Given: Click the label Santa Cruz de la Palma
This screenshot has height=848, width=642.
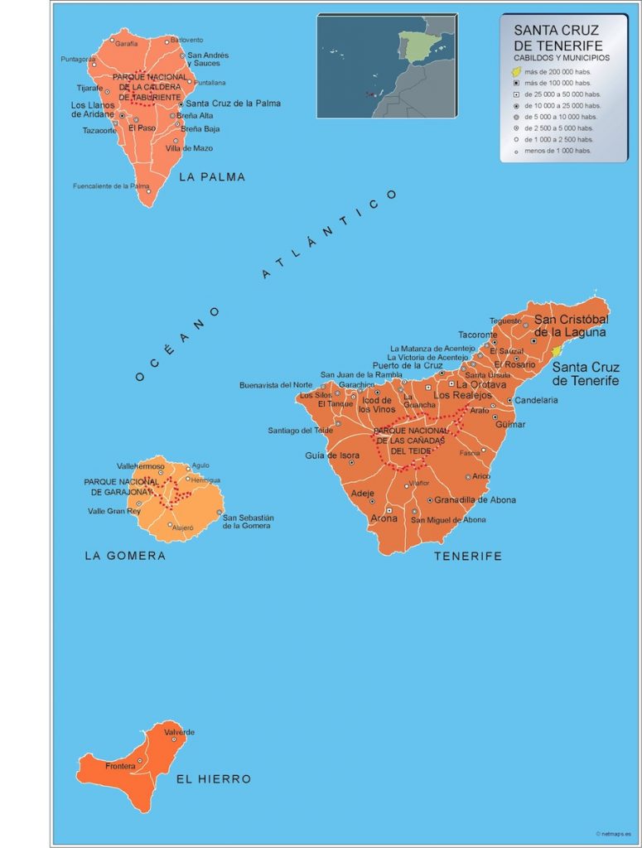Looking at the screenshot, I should (x=233, y=104).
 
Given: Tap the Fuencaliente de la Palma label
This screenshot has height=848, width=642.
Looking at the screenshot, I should (x=111, y=186).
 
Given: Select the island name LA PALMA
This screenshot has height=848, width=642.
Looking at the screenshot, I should (x=212, y=177).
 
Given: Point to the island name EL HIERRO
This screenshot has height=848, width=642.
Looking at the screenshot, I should (x=213, y=779).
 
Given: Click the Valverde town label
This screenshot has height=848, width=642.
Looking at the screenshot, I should (x=179, y=732).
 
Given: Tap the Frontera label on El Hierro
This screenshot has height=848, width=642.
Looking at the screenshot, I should (x=120, y=767).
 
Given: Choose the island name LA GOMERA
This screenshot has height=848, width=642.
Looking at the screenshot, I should (x=125, y=556).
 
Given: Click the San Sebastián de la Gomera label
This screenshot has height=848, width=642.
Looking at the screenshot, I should (x=248, y=522).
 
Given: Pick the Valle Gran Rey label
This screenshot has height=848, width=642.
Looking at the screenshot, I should (x=114, y=511).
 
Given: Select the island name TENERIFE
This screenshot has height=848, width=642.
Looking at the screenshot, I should (x=468, y=556).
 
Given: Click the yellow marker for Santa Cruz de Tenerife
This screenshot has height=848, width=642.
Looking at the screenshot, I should (x=557, y=351).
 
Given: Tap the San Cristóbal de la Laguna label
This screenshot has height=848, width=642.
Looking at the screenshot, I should (x=572, y=325).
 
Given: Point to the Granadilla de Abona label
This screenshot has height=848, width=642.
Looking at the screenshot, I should (x=475, y=500).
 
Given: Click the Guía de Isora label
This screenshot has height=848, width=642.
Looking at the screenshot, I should (x=332, y=455).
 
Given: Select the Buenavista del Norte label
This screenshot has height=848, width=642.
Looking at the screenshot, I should (x=276, y=385).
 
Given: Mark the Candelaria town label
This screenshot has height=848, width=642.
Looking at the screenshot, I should (x=536, y=400).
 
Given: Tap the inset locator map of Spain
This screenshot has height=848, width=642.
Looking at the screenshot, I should (x=386, y=65).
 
